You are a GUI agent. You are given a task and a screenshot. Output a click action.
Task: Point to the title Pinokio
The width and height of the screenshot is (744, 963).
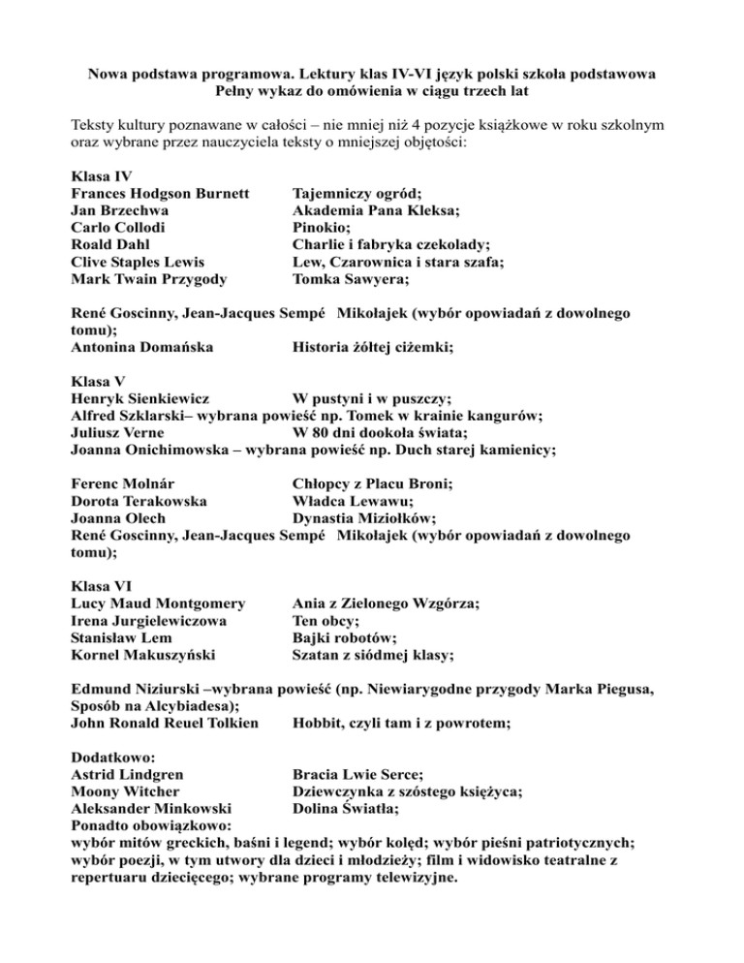(323, 228)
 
